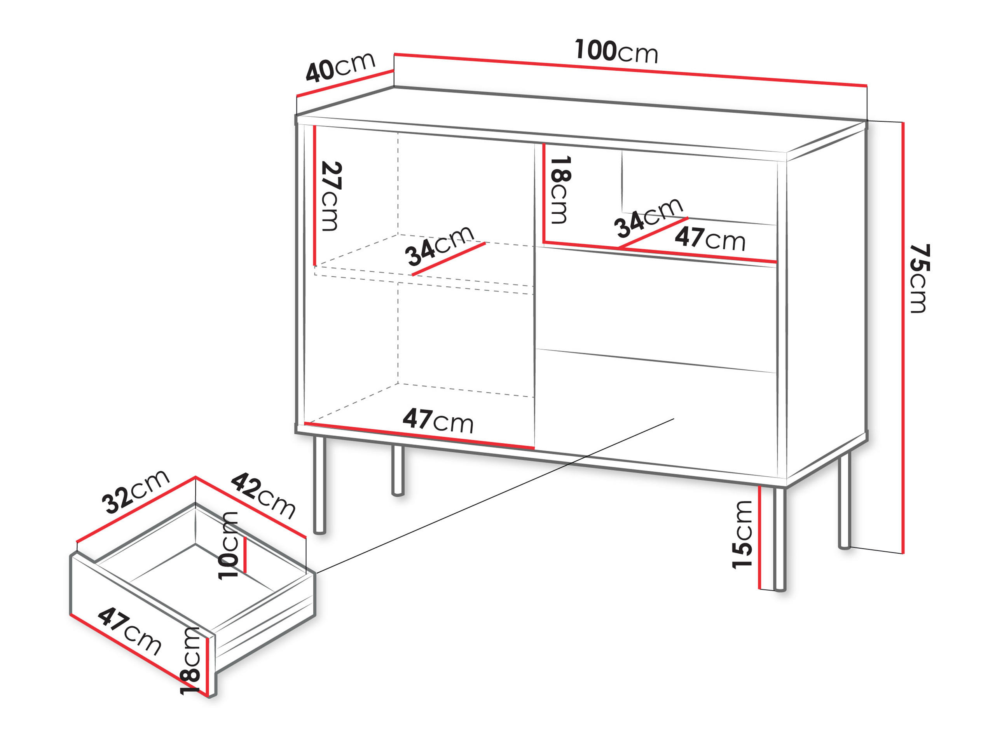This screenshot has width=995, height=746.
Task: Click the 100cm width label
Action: pyautogui.click(x=616, y=51)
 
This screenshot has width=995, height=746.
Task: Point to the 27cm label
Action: pyautogui.click(x=332, y=196)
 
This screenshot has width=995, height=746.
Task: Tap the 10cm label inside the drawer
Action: pyautogui.click(x=228, y=546)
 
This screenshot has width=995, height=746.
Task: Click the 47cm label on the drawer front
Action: pyautogui.click(x=129, y=631)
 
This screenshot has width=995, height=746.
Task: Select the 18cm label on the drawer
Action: pyautogui.click(x=190, y=661)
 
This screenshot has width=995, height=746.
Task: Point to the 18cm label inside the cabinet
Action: pyautogui.click(x=560, y=190)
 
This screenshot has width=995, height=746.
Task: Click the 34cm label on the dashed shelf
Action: pyautogui.click(x=440, y=246)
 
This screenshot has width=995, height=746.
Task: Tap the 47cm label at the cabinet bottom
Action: pyautogui.click(x=438, y=420)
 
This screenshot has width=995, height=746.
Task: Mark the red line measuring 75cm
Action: pyautogui.click(x=903, y=338)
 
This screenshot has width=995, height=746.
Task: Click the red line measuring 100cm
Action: pyautogui.click(x=630, y=70)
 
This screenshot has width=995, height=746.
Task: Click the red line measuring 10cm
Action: pyautogui.click(x=245, y=555)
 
